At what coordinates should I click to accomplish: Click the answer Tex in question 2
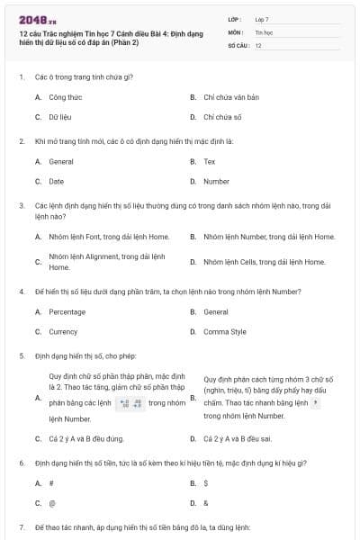click(210, 162)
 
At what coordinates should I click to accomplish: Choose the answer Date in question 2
click(57, 181)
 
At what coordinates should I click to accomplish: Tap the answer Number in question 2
click(216, 181)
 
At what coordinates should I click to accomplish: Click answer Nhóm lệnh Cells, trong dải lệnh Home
click(265, 262)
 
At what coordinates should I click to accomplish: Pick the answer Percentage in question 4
click(67, 312)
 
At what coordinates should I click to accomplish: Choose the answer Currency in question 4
click(64, 331)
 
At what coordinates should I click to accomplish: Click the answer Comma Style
click(225, 331)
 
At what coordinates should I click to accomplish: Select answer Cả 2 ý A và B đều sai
click(239, 438)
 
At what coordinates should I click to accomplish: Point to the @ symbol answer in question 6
click(52, 503)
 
